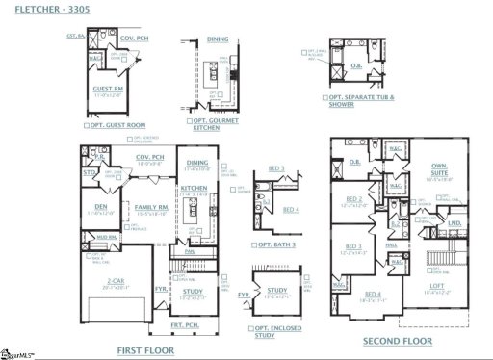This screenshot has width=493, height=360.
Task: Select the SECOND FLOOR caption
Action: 397,342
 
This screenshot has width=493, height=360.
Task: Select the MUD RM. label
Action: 105,236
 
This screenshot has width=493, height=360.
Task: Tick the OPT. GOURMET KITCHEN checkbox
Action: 190,121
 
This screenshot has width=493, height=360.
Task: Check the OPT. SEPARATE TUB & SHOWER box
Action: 326,98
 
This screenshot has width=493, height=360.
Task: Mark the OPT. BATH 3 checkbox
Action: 256,244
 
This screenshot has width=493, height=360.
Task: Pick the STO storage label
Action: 90,174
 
